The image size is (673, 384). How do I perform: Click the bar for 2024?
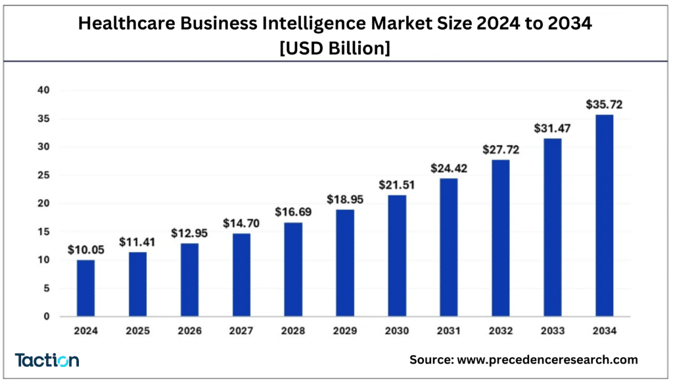(x=85, y=288)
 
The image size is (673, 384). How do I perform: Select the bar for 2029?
(x=345, y=263)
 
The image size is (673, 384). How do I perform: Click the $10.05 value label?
(x=85, y=250)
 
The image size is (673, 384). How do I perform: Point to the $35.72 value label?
(x=604, y=104)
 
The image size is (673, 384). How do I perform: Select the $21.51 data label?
(x=397, y=185)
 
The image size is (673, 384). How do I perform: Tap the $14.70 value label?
(x=241, y=223)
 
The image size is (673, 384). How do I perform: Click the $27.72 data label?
(x=501, y=150)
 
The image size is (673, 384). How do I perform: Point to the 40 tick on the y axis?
(x=43, y=90)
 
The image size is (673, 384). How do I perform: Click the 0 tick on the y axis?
(x=47, y=316)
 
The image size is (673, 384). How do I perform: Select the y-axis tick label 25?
(x=43, y=175)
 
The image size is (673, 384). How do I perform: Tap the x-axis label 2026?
(x=189, y=331)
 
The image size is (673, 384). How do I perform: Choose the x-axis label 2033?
(x=552, y=331)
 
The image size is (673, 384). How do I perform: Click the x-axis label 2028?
(x=293, y=331)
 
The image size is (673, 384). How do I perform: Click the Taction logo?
(x=47, y=360)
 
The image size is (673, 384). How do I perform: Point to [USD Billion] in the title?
(x=336, y=48)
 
